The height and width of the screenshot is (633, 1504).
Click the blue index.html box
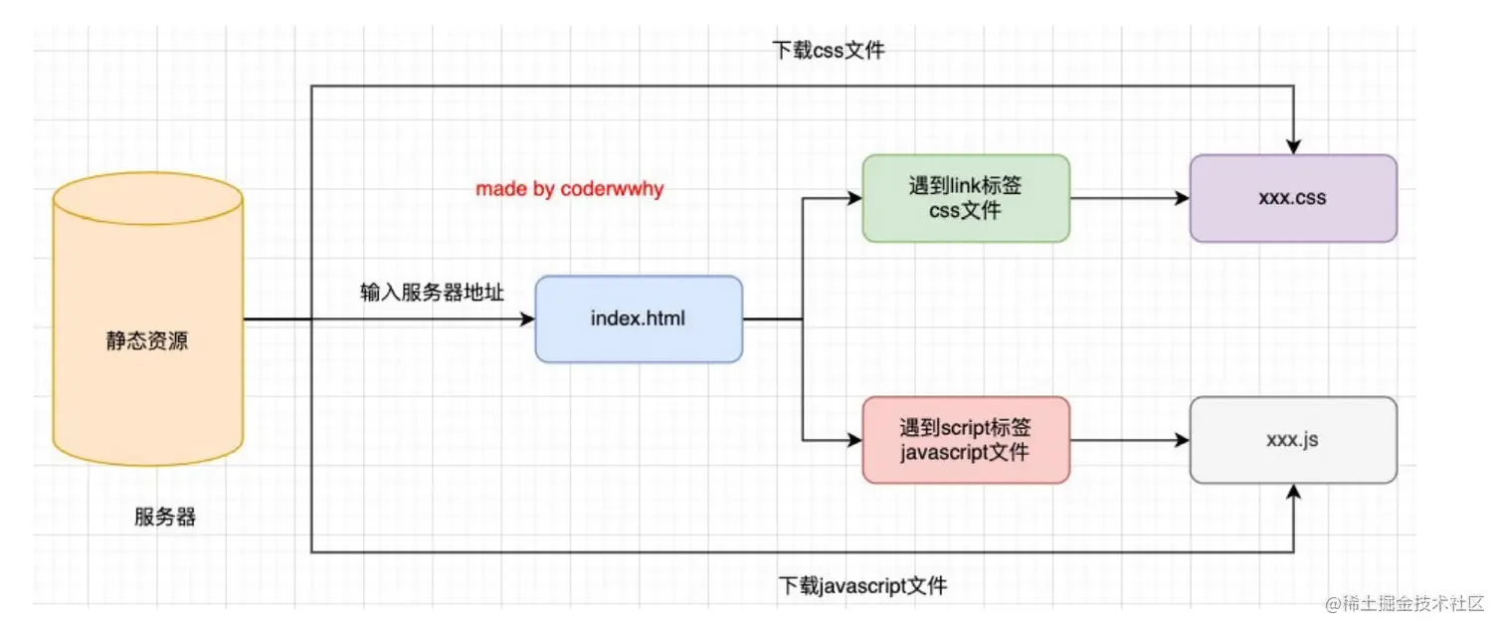639,319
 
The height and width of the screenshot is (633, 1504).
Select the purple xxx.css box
1293,198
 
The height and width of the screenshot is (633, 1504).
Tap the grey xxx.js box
1293,440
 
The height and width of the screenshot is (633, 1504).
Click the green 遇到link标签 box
966,198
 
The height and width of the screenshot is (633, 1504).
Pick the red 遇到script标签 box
966,440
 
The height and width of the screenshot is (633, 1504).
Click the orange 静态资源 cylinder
147,341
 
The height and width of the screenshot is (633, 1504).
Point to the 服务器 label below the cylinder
165,518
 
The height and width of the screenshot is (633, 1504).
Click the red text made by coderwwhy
569,189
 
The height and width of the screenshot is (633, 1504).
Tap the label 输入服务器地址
432,293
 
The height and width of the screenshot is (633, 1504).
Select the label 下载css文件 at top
828,50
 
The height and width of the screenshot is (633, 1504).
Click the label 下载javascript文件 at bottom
862,586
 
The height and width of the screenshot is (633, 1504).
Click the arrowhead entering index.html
527,319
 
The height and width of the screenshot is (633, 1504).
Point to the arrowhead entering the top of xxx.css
1293,146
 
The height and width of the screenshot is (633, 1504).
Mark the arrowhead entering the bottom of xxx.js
1293,492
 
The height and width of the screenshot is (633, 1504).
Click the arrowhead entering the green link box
854,198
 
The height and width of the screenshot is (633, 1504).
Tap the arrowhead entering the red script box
854,440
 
